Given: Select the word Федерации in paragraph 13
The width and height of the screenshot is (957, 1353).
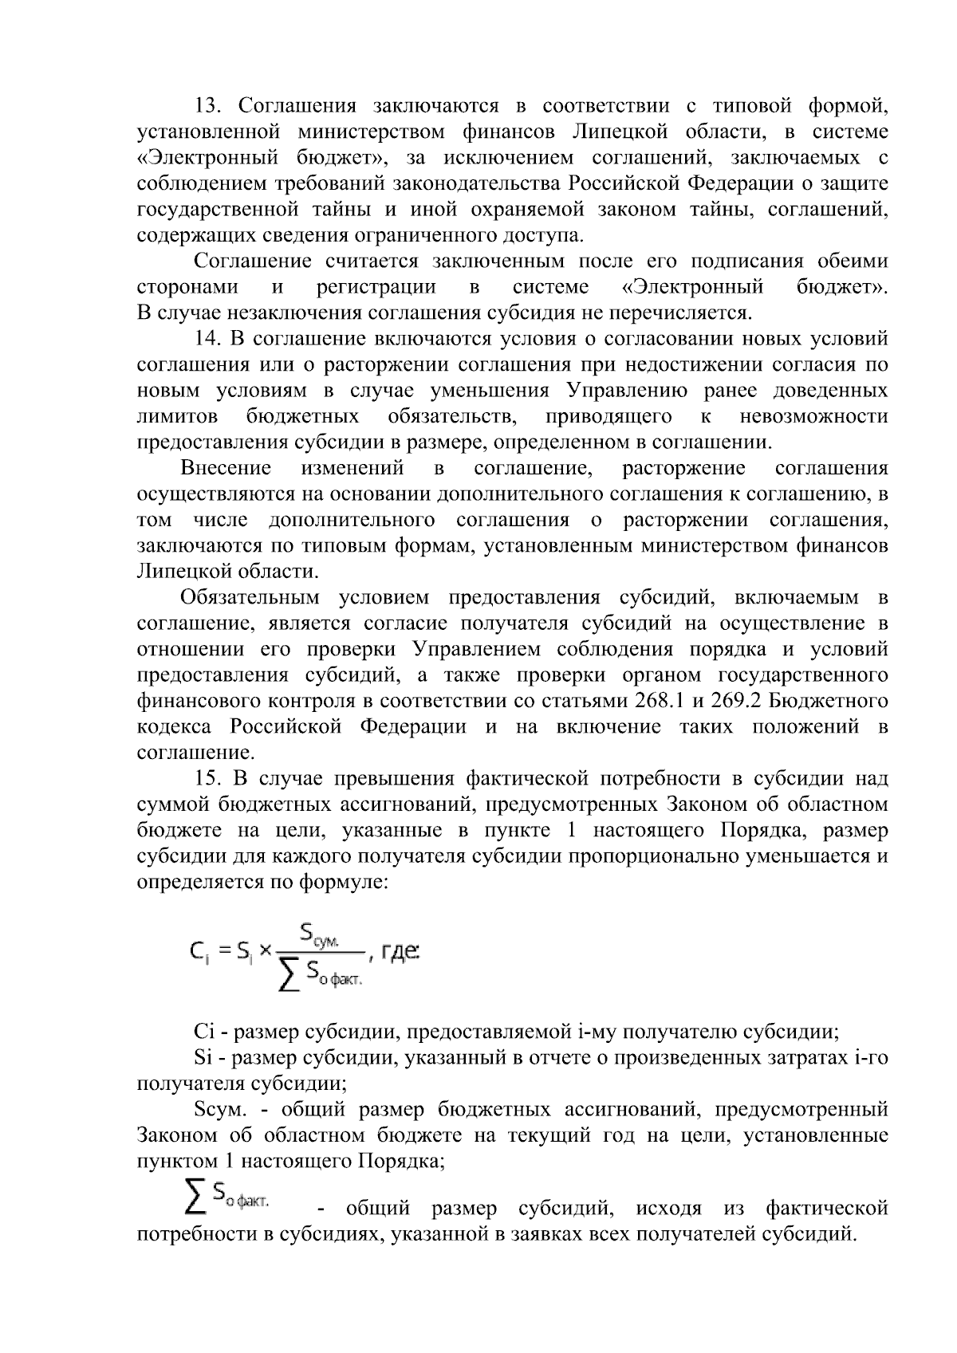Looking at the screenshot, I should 738,183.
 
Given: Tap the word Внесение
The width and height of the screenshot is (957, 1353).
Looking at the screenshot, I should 226,468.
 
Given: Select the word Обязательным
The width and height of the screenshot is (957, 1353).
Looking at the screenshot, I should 250,598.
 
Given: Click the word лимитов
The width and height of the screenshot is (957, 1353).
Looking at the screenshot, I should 177,416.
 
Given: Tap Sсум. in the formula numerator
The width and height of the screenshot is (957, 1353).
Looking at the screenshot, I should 321,932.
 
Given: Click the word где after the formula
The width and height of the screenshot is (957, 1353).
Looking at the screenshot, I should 401,950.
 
